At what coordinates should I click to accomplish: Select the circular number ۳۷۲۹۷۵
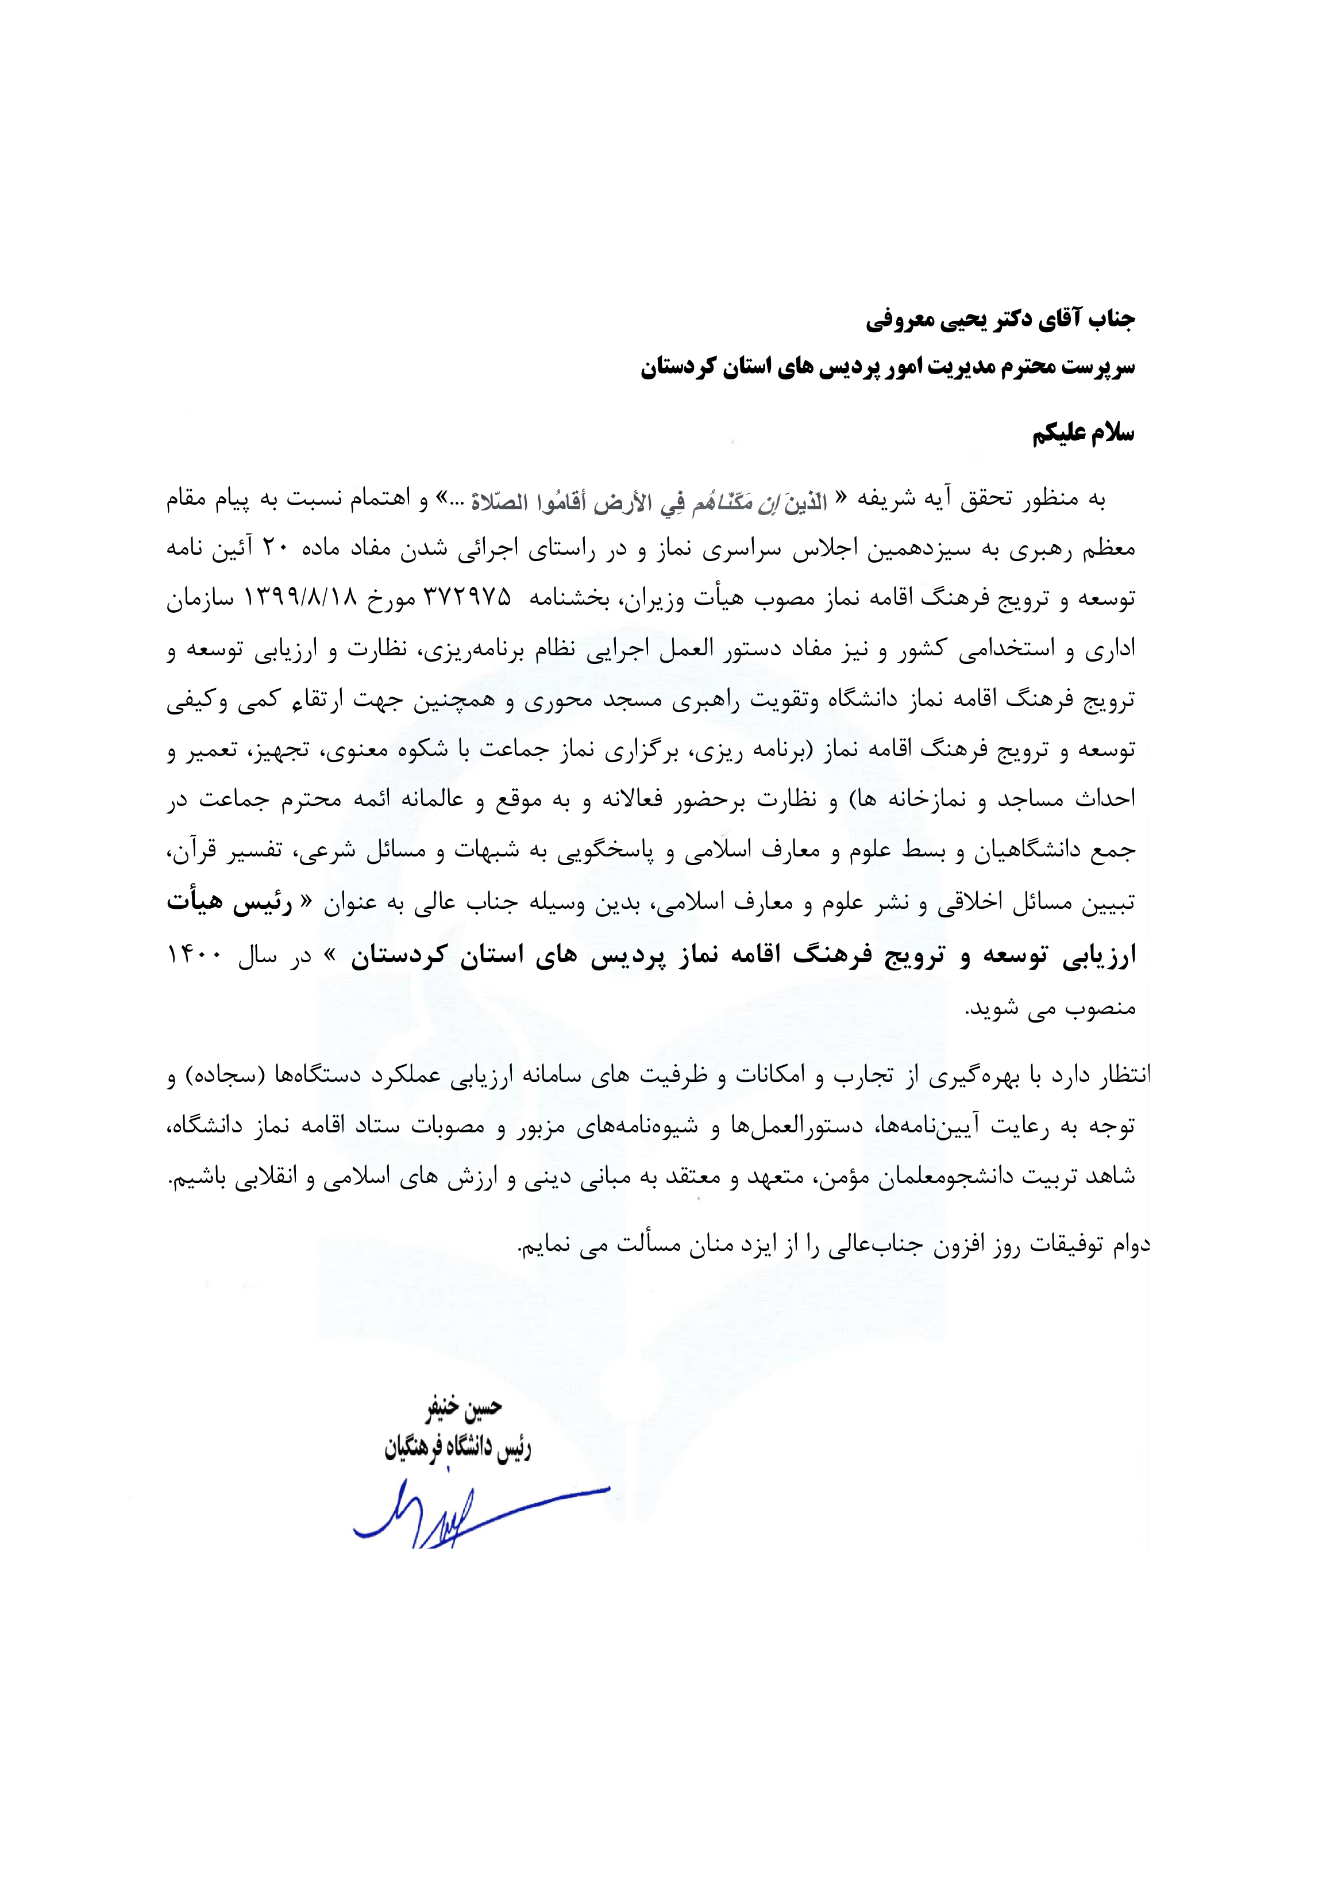click(x=466, y=597)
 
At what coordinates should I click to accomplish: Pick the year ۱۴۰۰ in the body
click(x=194, y=956)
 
